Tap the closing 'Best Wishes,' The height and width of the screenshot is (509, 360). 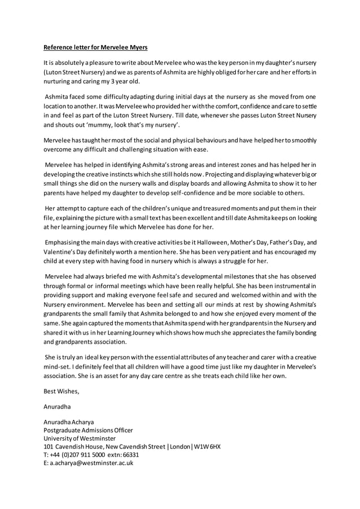pos(62,391)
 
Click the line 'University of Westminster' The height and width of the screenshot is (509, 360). pos(80,438)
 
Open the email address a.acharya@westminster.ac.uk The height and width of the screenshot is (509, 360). pos(91,463)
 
